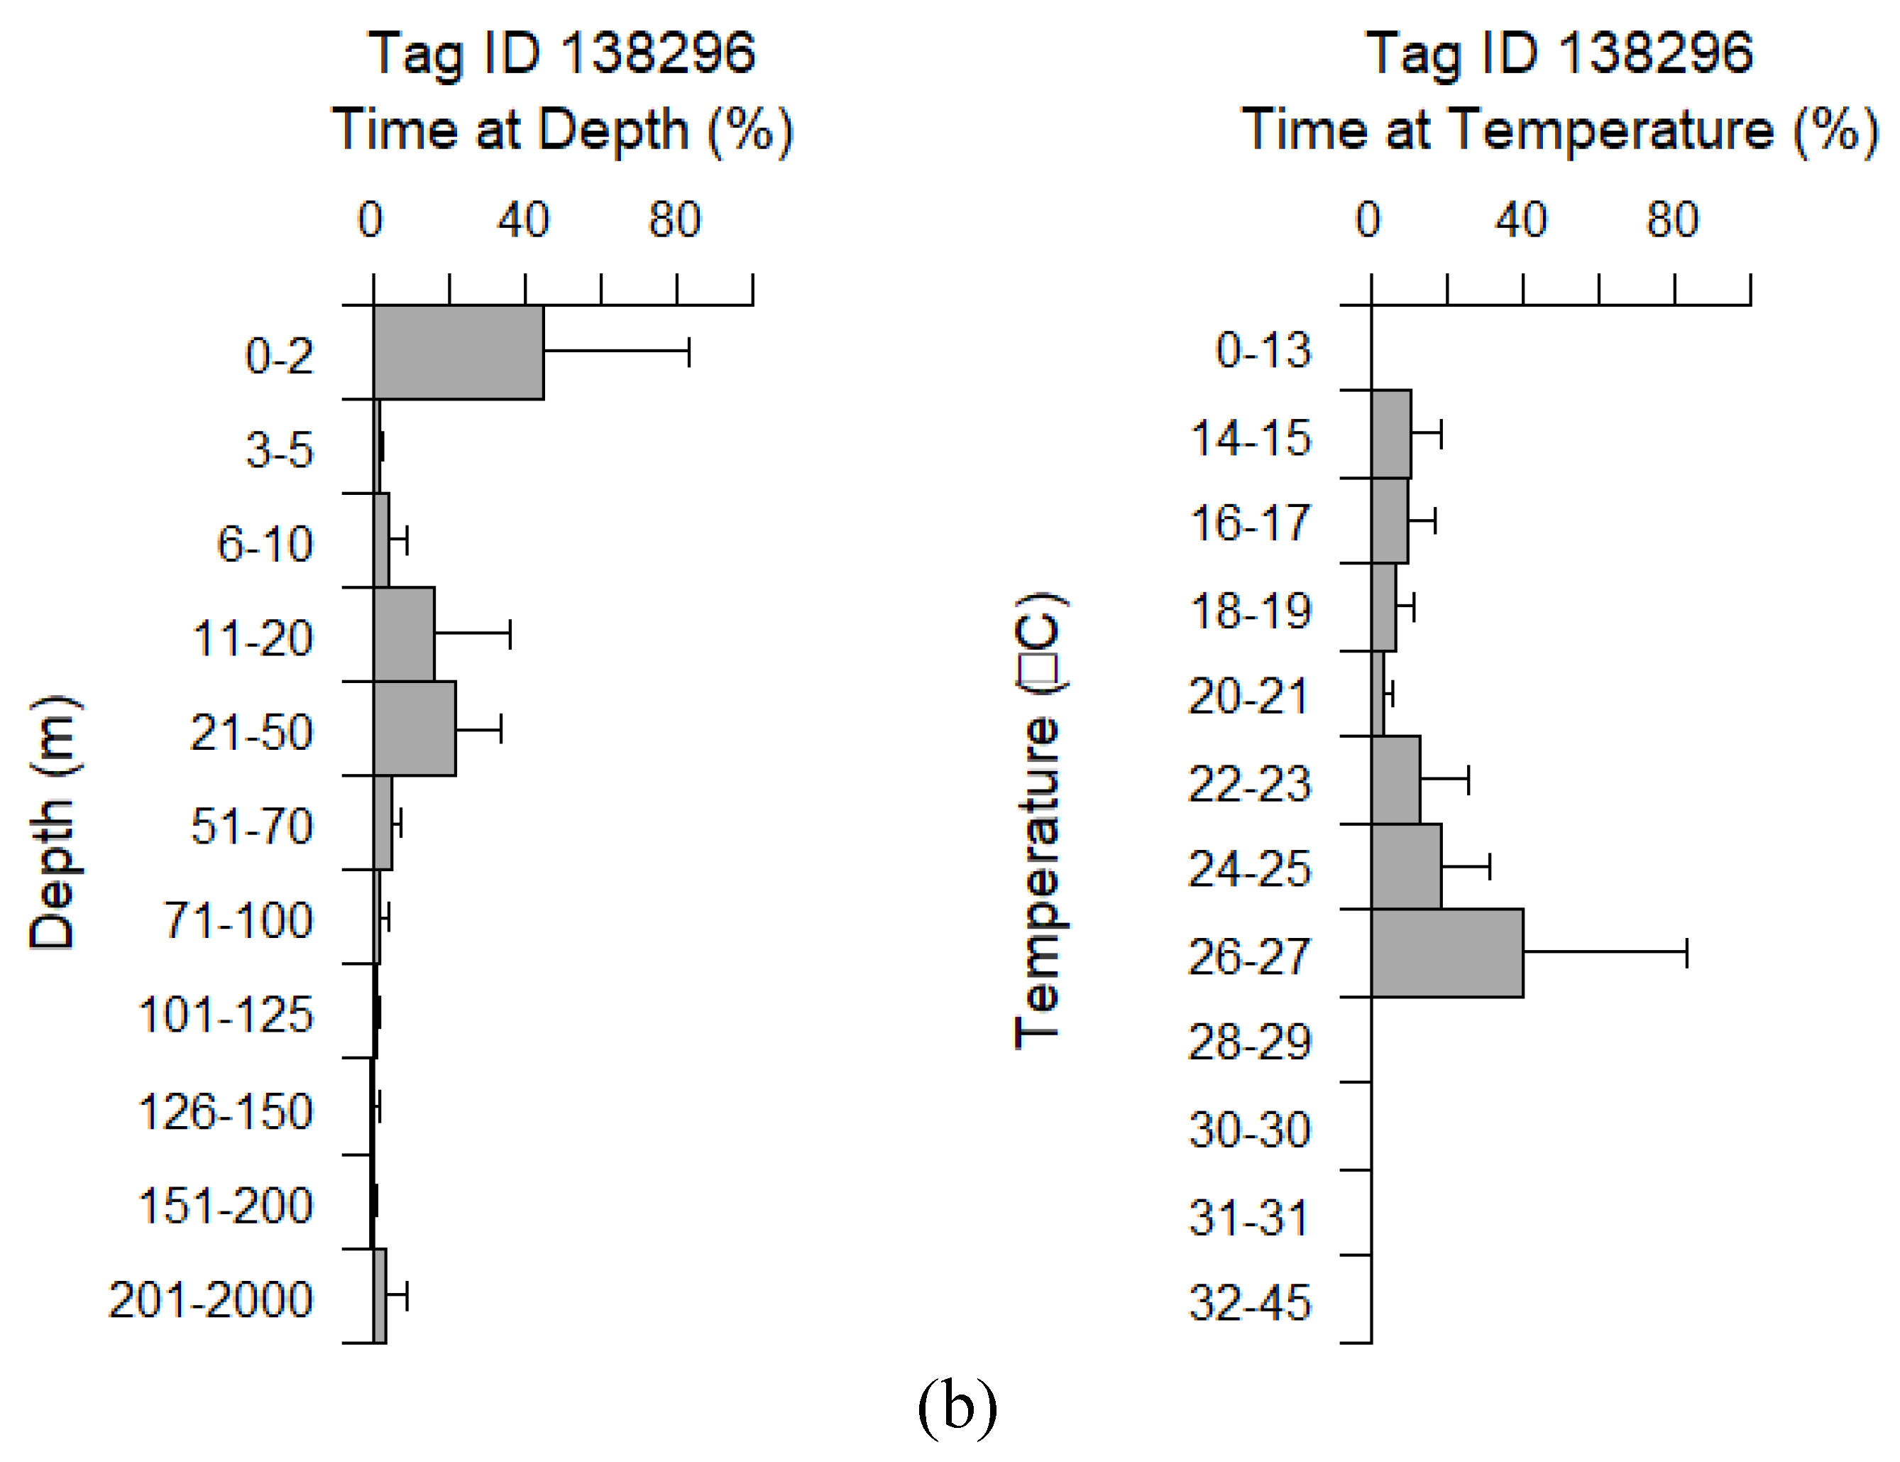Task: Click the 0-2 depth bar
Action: pos(458,352)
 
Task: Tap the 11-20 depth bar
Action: pos(405,634)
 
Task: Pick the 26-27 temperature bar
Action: pos(1446,953)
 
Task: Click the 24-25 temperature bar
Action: pos(1406,867)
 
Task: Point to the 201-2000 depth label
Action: pos(211,1300)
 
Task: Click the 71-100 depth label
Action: pos(238,921)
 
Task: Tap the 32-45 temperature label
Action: pos(1249,1303)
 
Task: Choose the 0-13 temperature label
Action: pos(1263,351)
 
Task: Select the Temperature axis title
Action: pos(1039,822)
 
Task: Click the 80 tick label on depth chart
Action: pos(674,219)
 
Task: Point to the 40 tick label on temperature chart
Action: pos(1521,219)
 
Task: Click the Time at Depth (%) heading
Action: pos(562,131)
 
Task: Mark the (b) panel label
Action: pos(957,1408)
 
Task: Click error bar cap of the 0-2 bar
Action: pos(689,352)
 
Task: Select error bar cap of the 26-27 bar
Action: pos(1687,953)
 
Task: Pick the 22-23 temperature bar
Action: pos(1395,780)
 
